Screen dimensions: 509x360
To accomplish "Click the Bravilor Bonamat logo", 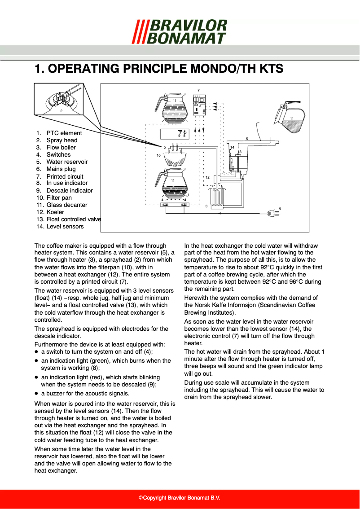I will [x=180, y=31].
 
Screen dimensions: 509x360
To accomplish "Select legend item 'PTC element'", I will [x=64, y=133].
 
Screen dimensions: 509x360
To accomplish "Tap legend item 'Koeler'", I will [x=55, y=212].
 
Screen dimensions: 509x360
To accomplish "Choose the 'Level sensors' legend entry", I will [x=65, y=226].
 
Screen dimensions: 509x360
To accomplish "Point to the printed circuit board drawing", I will [x=199, y=105].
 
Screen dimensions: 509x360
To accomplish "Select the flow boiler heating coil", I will [x=217, y=198].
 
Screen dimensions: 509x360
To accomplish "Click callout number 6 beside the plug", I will [x=280, y=208].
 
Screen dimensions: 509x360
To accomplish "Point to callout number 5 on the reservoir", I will [x=246, y=139].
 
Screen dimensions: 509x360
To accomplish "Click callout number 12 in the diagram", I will [x=207, y=178].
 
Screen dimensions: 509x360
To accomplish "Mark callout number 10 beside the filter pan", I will [x=158, y=155].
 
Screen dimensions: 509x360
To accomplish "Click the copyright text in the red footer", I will [x=180, y=498].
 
